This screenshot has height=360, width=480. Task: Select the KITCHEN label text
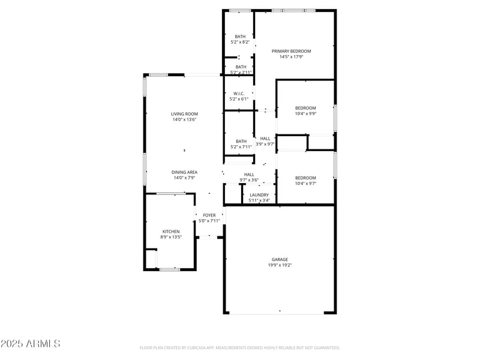(x=171, y=231)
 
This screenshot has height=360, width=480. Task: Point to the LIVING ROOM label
(x=184, y=113)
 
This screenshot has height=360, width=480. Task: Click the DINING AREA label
(x=184, y=172)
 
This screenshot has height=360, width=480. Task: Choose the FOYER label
(x=209, y=215)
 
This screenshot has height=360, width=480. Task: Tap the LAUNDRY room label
(x=259, y=194)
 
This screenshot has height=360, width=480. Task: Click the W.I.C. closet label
(x=239, y=93)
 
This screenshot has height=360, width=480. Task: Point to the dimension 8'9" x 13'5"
(x=171, y=237)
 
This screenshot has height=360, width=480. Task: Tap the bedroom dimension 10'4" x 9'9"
(x=305, y=113)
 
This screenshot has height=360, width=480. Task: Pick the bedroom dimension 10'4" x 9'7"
(x=305, y=183)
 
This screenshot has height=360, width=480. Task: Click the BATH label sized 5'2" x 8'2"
(x=240, y=37)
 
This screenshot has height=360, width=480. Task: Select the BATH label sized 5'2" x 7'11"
(x=241, y=141)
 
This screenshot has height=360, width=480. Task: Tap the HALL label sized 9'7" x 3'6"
(x=249, y=174)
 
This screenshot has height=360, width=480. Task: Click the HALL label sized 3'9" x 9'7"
(x=265, y=138)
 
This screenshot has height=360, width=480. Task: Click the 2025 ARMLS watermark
(x=30, y=344)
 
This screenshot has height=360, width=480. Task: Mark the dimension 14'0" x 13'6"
(x=184, y=119)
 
